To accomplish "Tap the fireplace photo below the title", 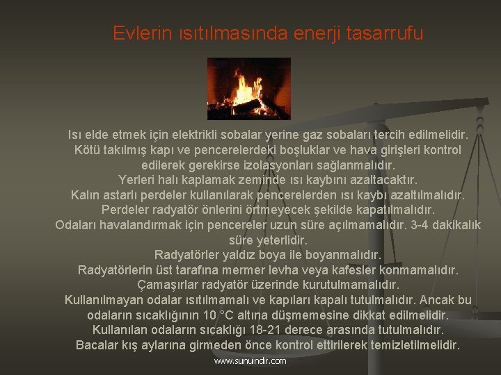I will point(248,88).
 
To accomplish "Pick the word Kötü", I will point(86,149).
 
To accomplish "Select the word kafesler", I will point(363,269).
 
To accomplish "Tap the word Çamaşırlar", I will point(169,284).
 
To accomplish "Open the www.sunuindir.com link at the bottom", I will point(250,361).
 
